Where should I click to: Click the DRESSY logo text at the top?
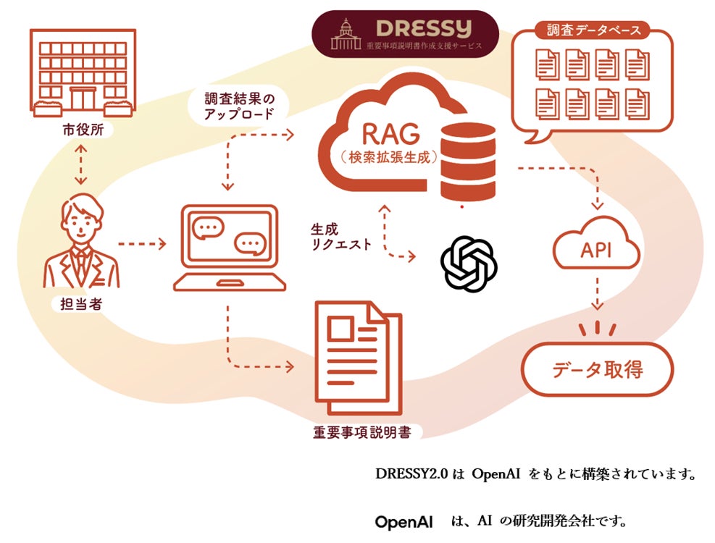[424, 29]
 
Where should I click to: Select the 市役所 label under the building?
[83, 130]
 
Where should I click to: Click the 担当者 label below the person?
[81, 303]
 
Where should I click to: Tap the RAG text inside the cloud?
[390, 135]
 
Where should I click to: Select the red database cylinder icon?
[468, 162]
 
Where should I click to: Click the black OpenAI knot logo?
[468, 264]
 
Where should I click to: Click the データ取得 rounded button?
[598, 369]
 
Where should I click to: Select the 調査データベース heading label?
[594, 30]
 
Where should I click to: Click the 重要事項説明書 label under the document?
[362, 432]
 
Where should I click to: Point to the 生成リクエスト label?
[340, 237]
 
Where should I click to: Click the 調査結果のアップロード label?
[239, 106]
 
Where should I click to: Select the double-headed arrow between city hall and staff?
[80, 165]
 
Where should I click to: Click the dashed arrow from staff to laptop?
[142, 244]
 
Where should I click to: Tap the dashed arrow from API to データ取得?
[597, 294]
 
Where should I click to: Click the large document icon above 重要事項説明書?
[359, 358]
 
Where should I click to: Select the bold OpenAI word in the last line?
[404, 521]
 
